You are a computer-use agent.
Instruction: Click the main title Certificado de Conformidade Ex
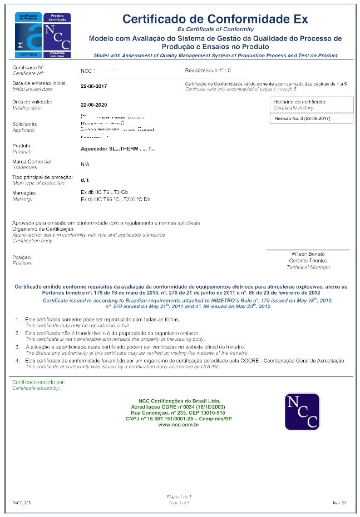(215, 19)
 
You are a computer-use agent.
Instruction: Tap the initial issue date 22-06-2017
(94, 86)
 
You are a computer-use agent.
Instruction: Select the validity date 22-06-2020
(94, 105)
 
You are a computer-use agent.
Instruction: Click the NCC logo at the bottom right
(302, 412)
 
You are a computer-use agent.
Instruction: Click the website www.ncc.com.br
(179, 424)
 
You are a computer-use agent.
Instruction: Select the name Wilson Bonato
(308, 254)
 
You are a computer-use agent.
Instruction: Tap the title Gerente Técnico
(308, 261)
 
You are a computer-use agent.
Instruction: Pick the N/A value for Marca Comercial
(85, 165)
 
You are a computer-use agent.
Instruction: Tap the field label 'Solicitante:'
(25, 123)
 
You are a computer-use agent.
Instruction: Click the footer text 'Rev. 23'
(339, 503)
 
